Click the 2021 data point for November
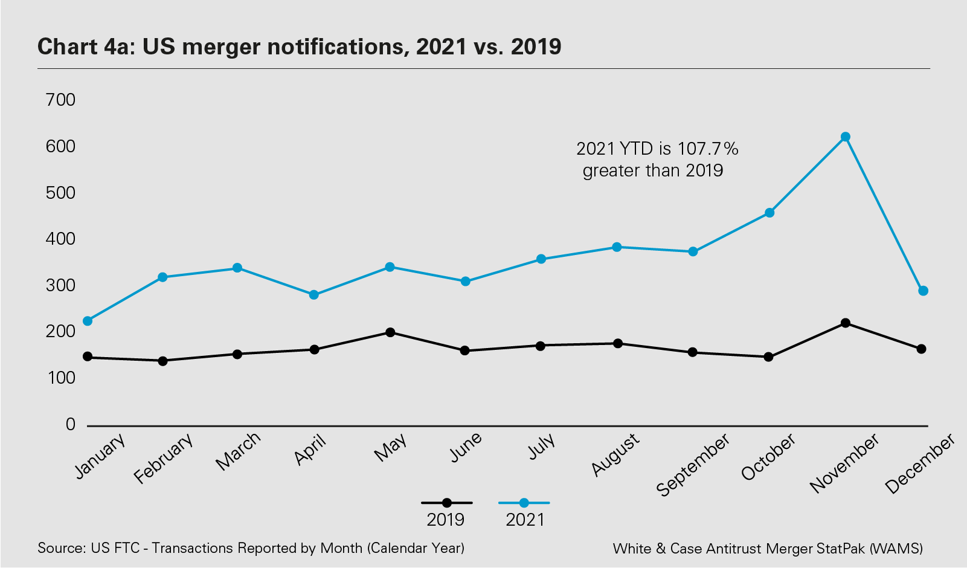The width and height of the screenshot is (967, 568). [x=846, y=137]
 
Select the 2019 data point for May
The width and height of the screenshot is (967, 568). [x=390, y=332]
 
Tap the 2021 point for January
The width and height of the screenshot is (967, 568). [x=88, y=321]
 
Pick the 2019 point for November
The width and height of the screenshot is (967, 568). [x=846, y=323]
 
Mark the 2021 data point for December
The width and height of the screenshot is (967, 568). [x=923, y=291]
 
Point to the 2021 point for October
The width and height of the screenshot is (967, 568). [x=769, y=213]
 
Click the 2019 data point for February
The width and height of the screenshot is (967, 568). [x=162, y=361]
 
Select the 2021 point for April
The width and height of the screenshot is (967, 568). [x=314, y=295]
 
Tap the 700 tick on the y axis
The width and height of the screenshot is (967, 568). [x=60, y=100]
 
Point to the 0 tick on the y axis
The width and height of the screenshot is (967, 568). [x=70, y=425]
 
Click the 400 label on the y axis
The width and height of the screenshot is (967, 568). [x=60, y=239]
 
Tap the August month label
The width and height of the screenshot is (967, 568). [x=615, y=454]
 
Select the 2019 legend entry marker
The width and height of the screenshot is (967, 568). [x=446, y=503]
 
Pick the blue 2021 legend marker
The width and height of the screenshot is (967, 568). [x=524, y=503]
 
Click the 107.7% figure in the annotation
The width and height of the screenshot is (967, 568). [x=707, y=149]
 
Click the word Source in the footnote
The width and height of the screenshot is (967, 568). [x=60, y=548]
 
